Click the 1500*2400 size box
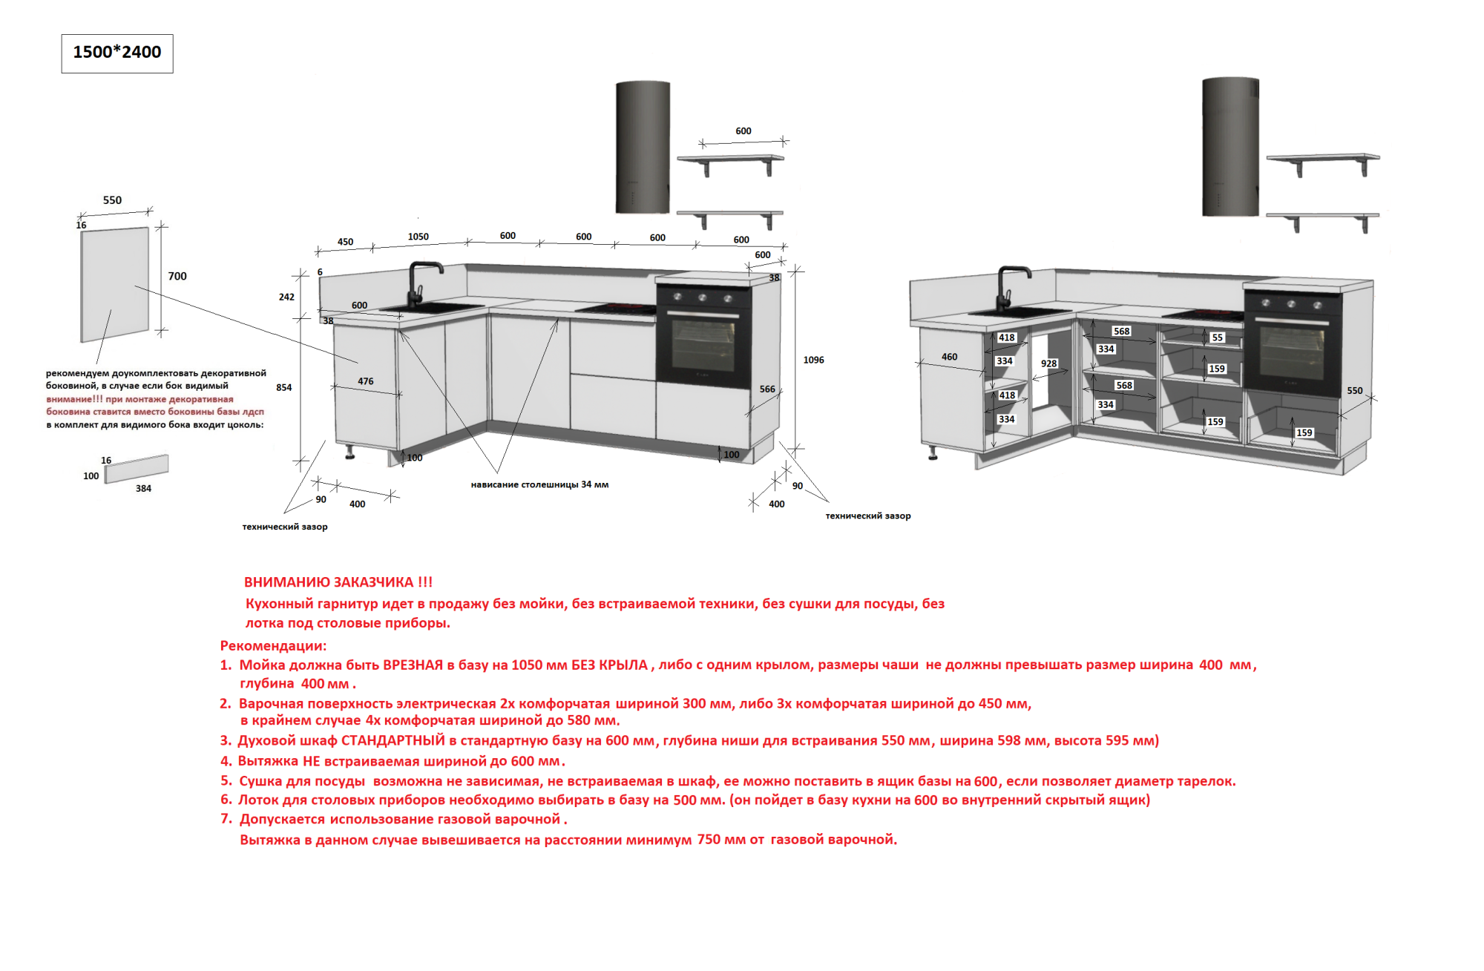pyautogui.click(x=117, y=53)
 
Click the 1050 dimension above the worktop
pyautogui.click(x=418, y=237)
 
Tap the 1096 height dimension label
pyautogui.click(x=813, y=360)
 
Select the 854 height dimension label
pyautogui.click(x=283, y=387)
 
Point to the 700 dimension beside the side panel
pyautogui.click(x=177, y=276)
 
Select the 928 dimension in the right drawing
pyautogui.click(x=1048, y=363)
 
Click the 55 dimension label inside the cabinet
pyautogui.click(x=1218, y=338)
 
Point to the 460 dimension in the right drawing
pyautogui.click(x=949, y=357)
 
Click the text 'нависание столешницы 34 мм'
pyautogui.click(x=539, y=484)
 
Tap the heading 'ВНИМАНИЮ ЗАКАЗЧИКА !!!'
pyautogui.click(x=338, y=582)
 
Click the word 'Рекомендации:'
pyautogui.click(x=273, y=645)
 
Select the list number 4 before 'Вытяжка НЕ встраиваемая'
pyautogui.click(x=226, y=761)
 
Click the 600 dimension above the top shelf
pyautogui.click(x=743, y=131)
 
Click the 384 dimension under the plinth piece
pyautogui.click(x=143, y=488)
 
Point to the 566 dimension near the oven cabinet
pyautogui.click(x=766, y=389)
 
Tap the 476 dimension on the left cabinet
pyautogui.click(x=365, y=381)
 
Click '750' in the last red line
pyautogui.click(x=709, y=839)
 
